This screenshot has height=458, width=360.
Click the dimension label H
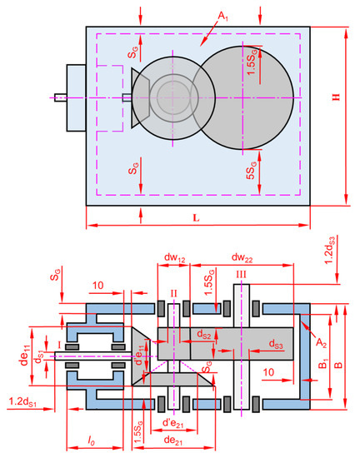pyautogui.click(x=337, y=97)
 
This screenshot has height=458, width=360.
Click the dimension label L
pyautogui.click(x=197, y=217)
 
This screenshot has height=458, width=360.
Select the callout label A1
pyautogui.click(x=223, y=17)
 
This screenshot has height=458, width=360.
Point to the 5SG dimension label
pyautogui.click(x=252, y=170)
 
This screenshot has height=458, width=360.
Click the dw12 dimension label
pyautogui.click(x=175, y=258)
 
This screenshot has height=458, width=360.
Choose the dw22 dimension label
pyautogui.click(x=242, y=258)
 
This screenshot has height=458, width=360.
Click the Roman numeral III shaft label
pyautogui.click(x=241, y=275)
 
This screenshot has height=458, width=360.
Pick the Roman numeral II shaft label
pyautogui.click(x=173, y=293)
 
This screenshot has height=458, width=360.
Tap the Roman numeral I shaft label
pyautogui.click(x=59, y=346)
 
